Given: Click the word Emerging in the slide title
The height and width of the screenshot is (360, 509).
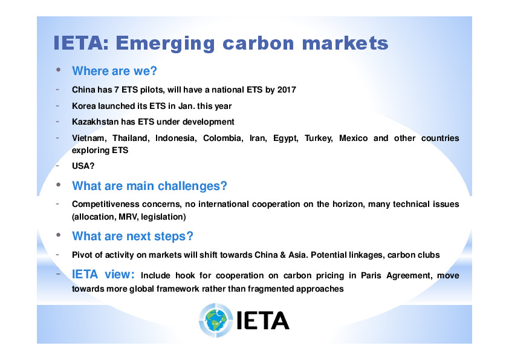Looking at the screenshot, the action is [x=165, y=44].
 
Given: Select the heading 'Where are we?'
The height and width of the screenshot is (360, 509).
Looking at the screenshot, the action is [x=114, y=71].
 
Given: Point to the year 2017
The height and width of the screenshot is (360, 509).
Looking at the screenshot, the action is [x=287, y=90].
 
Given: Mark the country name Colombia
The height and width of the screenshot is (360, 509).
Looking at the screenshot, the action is [x=223, y=139].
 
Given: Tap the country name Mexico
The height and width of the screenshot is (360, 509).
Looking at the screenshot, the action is [x=353, y=138].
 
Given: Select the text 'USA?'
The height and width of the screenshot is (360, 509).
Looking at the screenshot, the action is [x=83, y=166].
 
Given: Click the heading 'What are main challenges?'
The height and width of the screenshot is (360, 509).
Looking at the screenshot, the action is [x=149, y=186].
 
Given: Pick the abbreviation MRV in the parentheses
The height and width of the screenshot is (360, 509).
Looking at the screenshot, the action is [x=127, y=217].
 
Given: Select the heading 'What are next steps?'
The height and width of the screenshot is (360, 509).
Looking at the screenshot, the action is [x=132, y=236].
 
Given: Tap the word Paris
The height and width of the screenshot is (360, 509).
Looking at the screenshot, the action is [x=371, y=275].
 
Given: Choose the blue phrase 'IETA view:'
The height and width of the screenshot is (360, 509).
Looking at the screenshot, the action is [x=103, y=275].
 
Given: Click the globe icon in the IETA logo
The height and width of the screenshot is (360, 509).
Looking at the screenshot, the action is [x=216, y=320].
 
